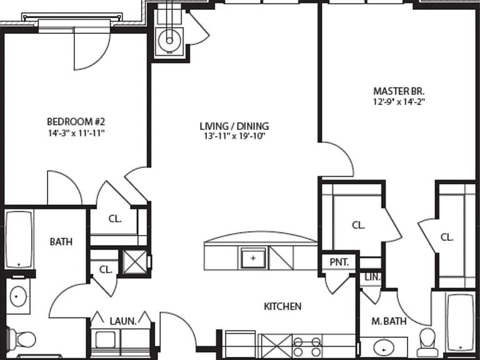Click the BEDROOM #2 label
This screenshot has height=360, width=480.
pos(76,122)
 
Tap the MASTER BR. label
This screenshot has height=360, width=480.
pos(399,91)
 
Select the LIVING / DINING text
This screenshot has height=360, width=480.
pos(234,126)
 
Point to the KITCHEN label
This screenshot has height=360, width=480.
pos(282,306)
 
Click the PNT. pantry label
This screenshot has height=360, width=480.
pos(339,262)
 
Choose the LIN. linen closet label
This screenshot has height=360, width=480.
pos(372,277)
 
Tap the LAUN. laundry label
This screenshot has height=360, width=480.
pos(123,321)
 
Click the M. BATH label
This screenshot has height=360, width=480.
pos(389,321)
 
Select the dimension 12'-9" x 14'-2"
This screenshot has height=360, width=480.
pos(399,102)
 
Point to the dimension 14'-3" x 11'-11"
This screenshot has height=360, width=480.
pos(76,133)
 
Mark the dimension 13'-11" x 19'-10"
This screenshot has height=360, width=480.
pos(234,136)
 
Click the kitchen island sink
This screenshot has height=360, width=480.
pos(253,258)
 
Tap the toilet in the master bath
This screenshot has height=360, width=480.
pos(427,339)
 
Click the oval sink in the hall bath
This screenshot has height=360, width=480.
pos(18,296)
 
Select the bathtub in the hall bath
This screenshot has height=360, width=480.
pos(19,239)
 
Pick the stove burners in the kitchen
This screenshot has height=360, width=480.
pos(307,346)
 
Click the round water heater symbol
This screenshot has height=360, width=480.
pos(169,41)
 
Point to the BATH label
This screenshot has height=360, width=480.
pos(61,242)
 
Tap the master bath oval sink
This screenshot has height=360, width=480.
pos(384,349)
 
